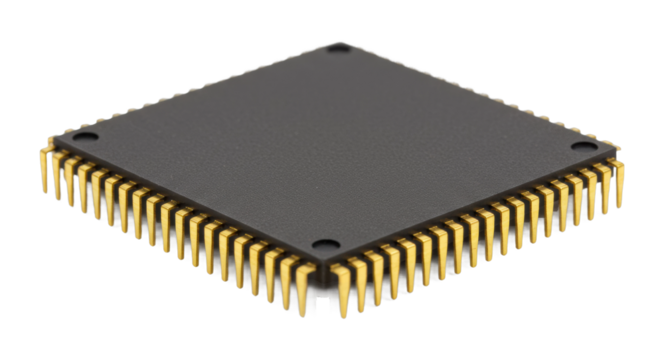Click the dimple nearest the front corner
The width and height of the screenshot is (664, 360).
point(322,245)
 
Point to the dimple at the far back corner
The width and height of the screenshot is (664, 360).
point(340,48)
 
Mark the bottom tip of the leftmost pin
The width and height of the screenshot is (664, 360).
point(43,189)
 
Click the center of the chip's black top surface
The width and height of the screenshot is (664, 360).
point(335,150)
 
